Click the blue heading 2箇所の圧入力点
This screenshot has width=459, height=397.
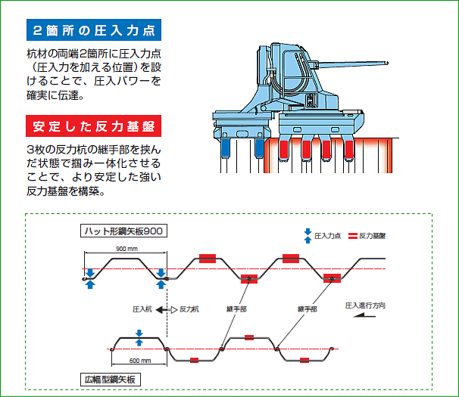(94, 30)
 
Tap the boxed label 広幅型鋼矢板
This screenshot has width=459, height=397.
(111, 377)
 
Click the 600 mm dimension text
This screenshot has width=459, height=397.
(139, 361)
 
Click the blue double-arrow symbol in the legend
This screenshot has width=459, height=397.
(308, 235)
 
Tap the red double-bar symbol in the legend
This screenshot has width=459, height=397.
(353, 235)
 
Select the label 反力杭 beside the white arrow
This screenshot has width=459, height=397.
(189, 309)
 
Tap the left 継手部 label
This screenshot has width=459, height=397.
(236, 309)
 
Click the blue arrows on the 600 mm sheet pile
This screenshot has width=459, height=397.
(139, 337)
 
